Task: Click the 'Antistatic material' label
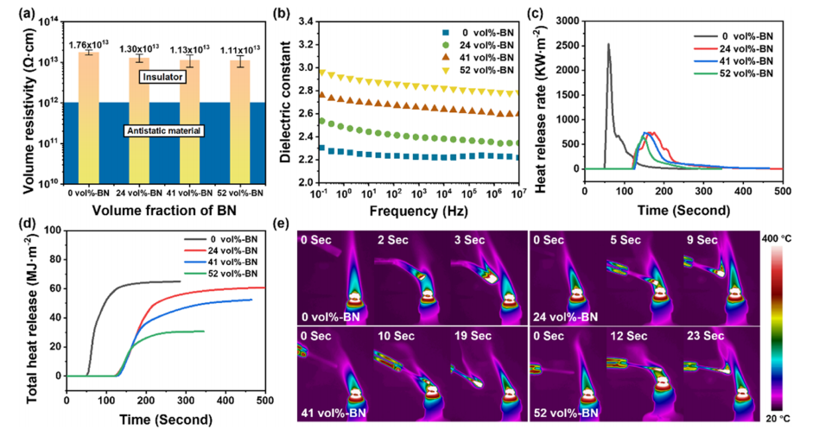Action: (x=164, y=130)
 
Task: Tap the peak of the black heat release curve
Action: (x=608, y=44)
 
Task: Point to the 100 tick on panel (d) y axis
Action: (x=54, y=230)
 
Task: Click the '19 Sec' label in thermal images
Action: (x=469, y=332)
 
